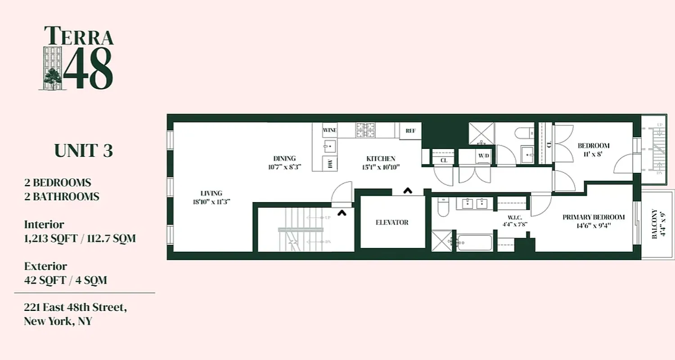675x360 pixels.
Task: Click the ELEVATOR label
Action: tap(392, 222)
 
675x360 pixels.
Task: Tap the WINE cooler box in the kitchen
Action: tap(330, 130)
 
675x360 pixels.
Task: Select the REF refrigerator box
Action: tap(410, 131)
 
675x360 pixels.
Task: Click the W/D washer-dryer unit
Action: tap(483, 156)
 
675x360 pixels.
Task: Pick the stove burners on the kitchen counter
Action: tap(365, 130)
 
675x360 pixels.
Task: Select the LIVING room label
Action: tap(211, 193)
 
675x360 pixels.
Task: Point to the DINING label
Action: tap(284, 158)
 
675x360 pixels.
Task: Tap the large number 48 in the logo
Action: tap(88, 69)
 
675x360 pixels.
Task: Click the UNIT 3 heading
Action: tap(84, 151)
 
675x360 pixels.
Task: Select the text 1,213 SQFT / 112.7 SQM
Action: tap(80, 238)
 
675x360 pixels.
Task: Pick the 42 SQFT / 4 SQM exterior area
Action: tap(66, 280)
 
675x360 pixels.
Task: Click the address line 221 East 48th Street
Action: tap(75, 308)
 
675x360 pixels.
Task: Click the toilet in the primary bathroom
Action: tap(444, 207)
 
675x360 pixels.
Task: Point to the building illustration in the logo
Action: tap(52, 67)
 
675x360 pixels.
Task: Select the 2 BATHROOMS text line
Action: tap(62, 197)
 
